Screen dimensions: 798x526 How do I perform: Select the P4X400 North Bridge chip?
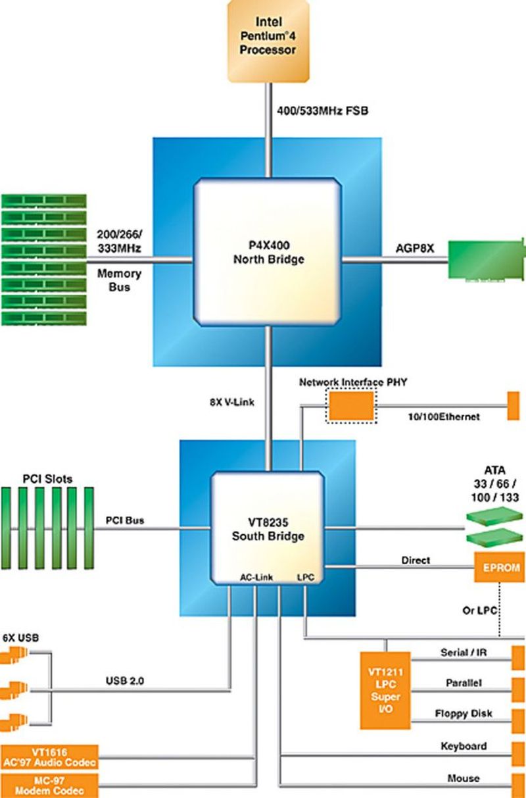pos(268,253)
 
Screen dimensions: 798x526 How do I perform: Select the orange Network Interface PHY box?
pos(352,405)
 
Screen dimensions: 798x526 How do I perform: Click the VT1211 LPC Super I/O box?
pos(385,690)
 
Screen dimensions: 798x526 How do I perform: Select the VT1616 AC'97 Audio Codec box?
pos(49,757)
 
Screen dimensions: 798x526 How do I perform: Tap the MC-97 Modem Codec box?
pos(49,785)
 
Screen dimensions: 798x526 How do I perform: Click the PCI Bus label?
pos(125,520)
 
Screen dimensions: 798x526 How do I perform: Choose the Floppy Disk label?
pos(464,713)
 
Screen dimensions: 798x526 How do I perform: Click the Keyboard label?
pos(464,746)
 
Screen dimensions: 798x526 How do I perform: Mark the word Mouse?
pos(464,778)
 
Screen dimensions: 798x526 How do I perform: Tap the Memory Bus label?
pos(118,280)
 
